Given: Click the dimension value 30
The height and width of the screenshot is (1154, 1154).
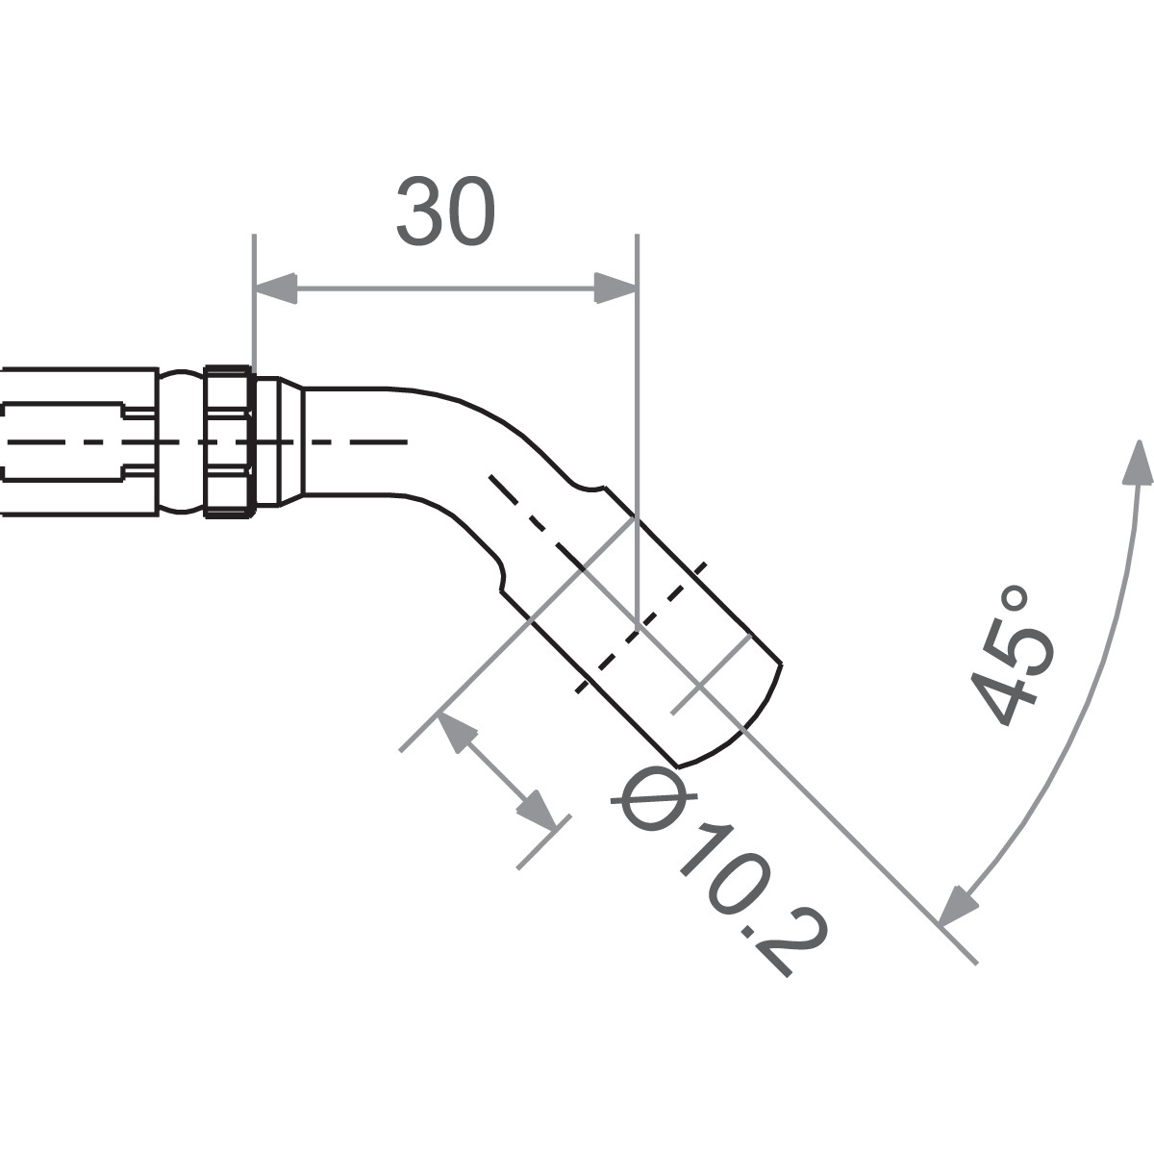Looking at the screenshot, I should [447, 211].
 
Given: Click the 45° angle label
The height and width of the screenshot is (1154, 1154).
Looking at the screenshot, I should [1010, 654].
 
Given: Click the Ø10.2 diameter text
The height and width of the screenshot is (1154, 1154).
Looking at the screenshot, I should [721, 870].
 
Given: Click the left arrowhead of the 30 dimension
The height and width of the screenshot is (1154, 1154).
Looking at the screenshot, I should [275, 288].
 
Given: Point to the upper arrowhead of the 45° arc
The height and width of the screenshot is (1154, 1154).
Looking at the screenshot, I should [1140, 462].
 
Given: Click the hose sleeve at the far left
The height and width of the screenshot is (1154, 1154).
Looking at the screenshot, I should [77, 442].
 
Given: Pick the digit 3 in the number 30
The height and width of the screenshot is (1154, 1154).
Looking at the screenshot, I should [420, 211].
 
